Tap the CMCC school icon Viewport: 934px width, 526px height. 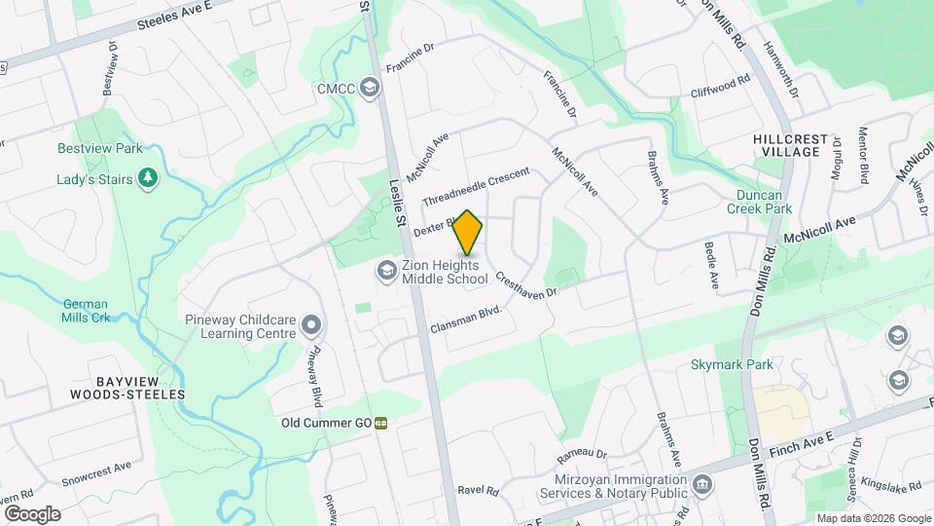tap(369, 89)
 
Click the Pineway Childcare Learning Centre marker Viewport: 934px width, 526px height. tap(311, 324)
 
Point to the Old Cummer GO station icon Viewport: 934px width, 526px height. tap(381, 424)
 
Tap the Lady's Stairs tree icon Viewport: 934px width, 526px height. tap(147, 178)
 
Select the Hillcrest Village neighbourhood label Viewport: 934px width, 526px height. tap(787, 146)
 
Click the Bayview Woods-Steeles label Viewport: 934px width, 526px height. tap(127, 388)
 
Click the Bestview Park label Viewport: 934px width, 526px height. tap(100, 148)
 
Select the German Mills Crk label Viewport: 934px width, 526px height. tap(91, 311)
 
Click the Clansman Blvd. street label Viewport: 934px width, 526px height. tap(465, 319)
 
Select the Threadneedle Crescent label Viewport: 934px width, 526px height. tap(476, 185)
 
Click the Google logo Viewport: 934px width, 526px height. tap(32, 513)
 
